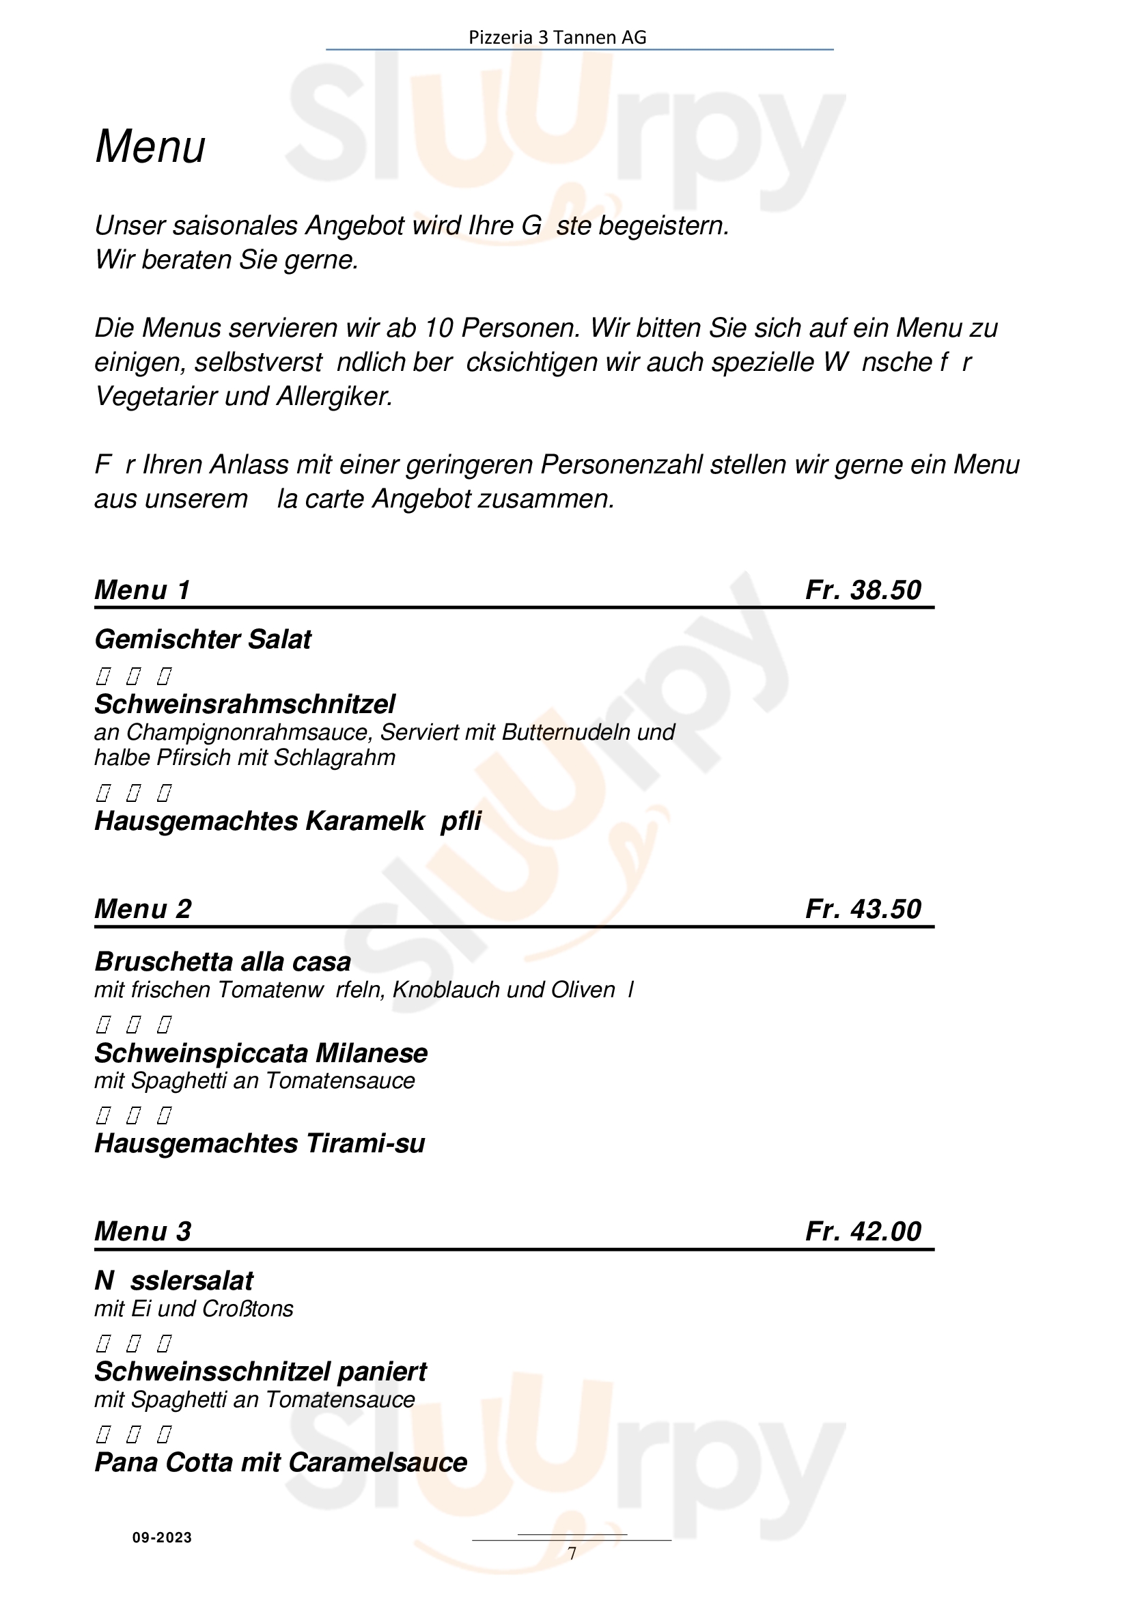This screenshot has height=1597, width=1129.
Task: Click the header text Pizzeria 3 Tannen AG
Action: (557, 38)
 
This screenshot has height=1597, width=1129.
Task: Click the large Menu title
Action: (150, 147)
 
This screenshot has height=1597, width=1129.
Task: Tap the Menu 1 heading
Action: (142, 590)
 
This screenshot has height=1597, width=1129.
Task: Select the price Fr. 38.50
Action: (863, 590)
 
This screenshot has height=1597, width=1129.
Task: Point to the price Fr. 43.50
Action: (863, 908)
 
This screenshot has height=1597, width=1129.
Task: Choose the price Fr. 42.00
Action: (863, 1231)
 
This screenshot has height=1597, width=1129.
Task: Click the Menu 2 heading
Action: (143, 908)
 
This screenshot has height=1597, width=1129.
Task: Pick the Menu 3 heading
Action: (143, 1231)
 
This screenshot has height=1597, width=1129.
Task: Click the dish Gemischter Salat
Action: (202, 639)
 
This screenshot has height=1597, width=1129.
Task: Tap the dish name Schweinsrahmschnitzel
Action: (245, 704)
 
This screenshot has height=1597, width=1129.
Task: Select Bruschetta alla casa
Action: (223, 961)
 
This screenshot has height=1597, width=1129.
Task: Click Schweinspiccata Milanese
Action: (261, 1053)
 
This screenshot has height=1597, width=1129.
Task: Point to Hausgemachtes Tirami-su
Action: (260, 1143)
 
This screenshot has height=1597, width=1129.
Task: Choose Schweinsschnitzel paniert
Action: (261, 1372)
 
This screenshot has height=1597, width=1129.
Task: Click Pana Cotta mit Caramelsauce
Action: (280, 1462)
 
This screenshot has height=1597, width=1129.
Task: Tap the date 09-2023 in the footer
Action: (162, 1537)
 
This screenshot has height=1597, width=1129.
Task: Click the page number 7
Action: (572, 1553)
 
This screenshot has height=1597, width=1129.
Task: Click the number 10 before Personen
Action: (439, 328)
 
